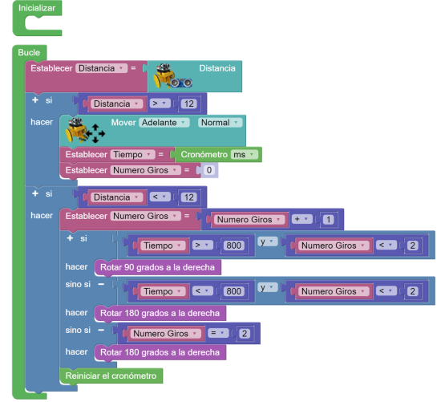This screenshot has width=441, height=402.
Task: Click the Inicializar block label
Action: (x=37, y=8)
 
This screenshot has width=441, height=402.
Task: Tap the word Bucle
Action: (x=29, y=52)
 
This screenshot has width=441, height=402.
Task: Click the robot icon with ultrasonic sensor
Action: (x=172, y=76)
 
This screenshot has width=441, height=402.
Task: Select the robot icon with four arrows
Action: (x=85, y=131)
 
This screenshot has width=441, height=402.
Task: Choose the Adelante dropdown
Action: (x=164, y=123)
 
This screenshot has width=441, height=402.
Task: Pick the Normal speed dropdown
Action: (x=220, y=123)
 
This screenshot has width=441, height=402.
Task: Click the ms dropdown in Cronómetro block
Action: (x=244, y=155)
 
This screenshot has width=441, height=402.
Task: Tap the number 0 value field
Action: (x=209, y=170)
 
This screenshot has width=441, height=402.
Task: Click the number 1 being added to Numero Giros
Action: (x=328, y=220)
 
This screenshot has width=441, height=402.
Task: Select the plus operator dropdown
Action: (x=301, y=219)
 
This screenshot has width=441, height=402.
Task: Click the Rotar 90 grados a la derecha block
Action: (x=157, y=267)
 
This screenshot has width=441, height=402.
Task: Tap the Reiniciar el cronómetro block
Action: (x=111, y=376)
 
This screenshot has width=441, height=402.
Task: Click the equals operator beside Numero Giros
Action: (x=217, y=333)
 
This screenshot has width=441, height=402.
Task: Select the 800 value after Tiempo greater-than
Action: (x=233, y=246)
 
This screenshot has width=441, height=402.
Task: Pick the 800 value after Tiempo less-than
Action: (x=233, y=291)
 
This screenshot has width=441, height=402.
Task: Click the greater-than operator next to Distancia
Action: (x=160, y=104)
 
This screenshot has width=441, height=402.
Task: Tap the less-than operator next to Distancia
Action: (x=160, y=197)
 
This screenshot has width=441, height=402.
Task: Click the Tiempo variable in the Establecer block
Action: (x=132, y=155)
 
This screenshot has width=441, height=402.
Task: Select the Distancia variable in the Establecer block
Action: (x=101, y=68)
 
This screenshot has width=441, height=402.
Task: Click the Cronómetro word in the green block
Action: (x=204, y=155)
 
